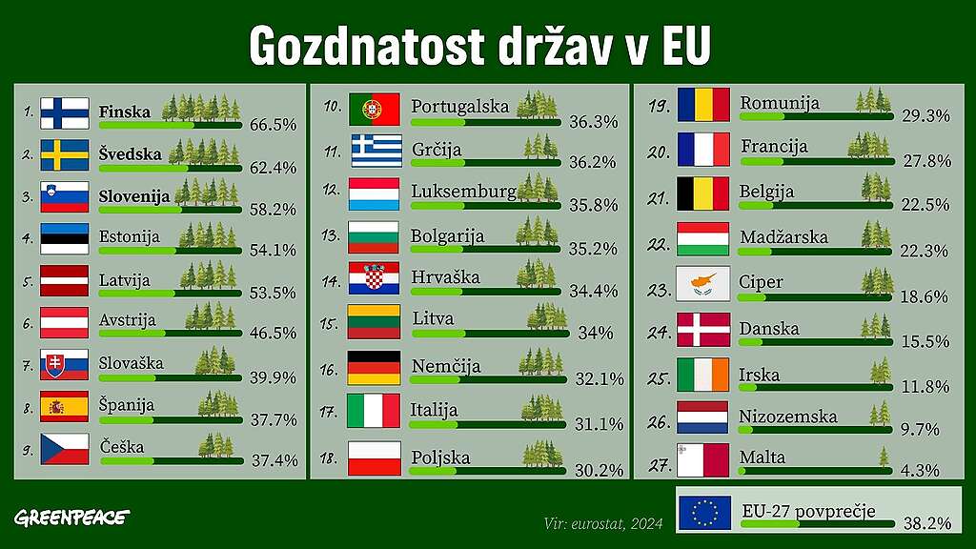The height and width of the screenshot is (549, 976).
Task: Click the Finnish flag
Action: pos(65,113)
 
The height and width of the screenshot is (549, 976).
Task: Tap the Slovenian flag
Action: pos(65,196)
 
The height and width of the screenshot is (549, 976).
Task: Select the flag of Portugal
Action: pos(374,109)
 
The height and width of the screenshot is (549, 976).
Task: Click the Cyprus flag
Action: pos(702,283)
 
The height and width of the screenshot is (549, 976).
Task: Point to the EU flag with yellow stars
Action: pos(703,513)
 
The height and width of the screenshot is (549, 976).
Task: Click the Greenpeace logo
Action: pos(72,518)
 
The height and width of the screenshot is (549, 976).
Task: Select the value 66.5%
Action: pos(274,125)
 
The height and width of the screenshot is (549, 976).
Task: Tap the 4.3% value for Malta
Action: pos(920,469)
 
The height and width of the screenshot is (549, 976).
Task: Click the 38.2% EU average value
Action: pos(927,523)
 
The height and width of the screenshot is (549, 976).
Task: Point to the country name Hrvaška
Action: pos(445,277)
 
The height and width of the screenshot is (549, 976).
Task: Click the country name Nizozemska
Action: pos(788,417)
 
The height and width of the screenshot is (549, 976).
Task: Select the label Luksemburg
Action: pos(463,192)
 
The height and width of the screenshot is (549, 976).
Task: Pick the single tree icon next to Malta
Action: pos(883,457)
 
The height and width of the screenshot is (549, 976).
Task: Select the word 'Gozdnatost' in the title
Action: pos(367,45)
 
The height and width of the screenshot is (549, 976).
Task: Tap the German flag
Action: pos(374,367)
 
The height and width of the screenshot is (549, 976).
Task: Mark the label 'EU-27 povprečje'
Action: pos(807,511)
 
